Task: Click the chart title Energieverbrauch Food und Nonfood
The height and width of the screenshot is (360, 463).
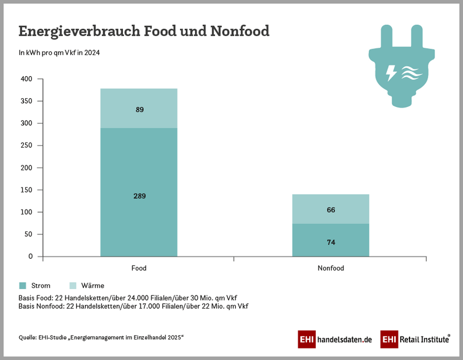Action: (x=144, y=31)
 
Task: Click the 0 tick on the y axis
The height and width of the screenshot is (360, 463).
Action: (x=31, y=256)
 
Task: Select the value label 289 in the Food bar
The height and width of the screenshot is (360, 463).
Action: (x=139, y=196)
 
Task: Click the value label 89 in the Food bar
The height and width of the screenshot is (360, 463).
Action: (x=139, y=110)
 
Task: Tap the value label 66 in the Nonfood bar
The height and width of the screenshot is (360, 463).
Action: (x=331, y=210)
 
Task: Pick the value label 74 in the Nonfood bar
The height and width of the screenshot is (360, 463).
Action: (x=331, y=242)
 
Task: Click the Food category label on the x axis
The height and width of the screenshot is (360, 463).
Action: (x=139, y=268)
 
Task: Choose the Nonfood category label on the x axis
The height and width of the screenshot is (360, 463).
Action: (x=331, y=268)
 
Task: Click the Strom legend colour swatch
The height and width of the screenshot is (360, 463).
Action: (x=23, y=286)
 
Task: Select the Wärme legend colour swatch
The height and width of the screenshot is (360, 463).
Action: (x=73, y=286)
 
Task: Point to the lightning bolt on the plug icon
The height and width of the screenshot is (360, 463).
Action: (x=391, y=73)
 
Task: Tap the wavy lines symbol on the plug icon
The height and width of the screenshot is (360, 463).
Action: (x=411, y=73)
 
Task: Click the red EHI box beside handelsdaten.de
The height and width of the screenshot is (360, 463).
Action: (x=306, y=340)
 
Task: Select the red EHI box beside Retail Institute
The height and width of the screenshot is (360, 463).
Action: (x=389, y=340)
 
